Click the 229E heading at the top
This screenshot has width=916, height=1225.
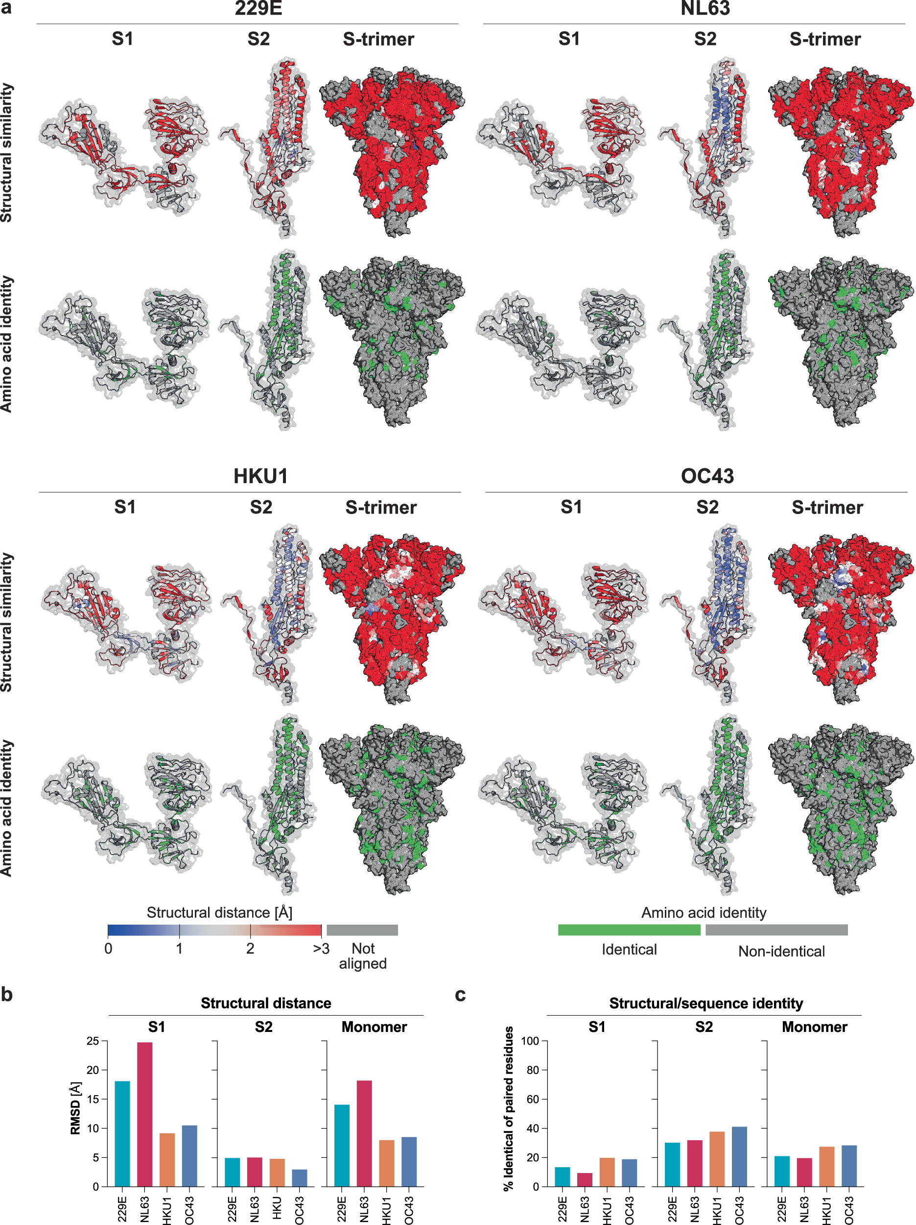coord(258,9)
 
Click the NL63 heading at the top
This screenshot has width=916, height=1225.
coord(705,9)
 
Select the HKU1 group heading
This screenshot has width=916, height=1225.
coord(260,476)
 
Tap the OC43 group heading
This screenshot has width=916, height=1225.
coord(707,476)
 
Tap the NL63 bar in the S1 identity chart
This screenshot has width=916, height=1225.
coord(585,1179)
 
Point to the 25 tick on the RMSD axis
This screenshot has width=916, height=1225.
coord(93,1041)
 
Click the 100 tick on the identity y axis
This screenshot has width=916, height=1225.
coord(530,1041)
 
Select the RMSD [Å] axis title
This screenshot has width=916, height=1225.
coord(76,1107)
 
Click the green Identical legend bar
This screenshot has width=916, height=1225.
coord(629,930)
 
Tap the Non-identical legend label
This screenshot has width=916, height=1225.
coord(781,952)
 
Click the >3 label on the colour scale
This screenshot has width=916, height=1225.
coord(321,949)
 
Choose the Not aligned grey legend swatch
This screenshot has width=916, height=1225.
coord(362,930)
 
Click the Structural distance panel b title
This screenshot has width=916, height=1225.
coord(266,1003)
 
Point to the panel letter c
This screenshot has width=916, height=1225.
coord(460,995)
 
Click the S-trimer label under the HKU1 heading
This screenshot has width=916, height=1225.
coord(381,507)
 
